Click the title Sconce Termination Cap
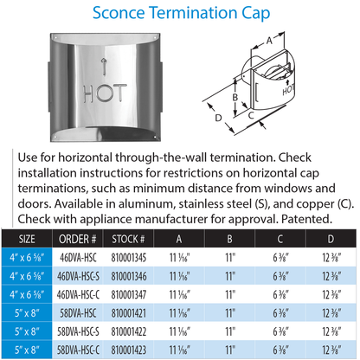tap(180, 15)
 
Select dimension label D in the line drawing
tap(218, 117)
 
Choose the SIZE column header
tap(27, 239)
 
